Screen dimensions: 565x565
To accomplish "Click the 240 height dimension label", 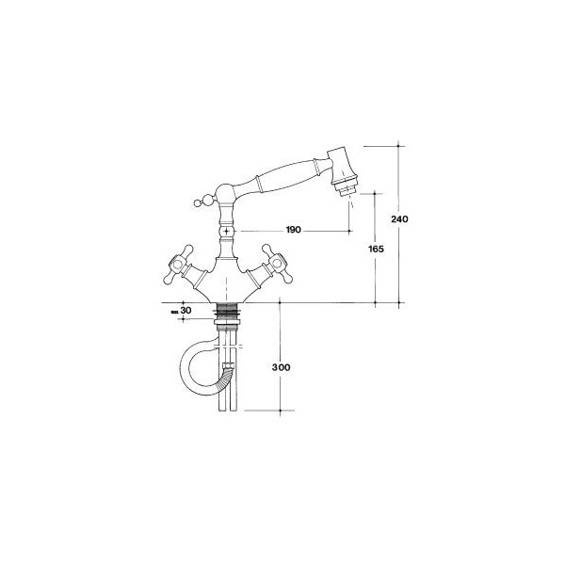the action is pos(399,218).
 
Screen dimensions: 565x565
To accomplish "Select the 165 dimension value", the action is pos(376,249).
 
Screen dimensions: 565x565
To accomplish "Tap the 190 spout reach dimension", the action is pos(293,230).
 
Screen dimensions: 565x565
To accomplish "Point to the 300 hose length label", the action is pos(281,367).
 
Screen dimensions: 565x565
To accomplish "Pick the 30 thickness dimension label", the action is pos(186,310).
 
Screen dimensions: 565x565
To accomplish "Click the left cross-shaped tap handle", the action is pos(178,265).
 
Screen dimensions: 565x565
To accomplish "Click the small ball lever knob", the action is pos(198,202).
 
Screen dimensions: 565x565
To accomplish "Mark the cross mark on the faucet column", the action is pos(226,231).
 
